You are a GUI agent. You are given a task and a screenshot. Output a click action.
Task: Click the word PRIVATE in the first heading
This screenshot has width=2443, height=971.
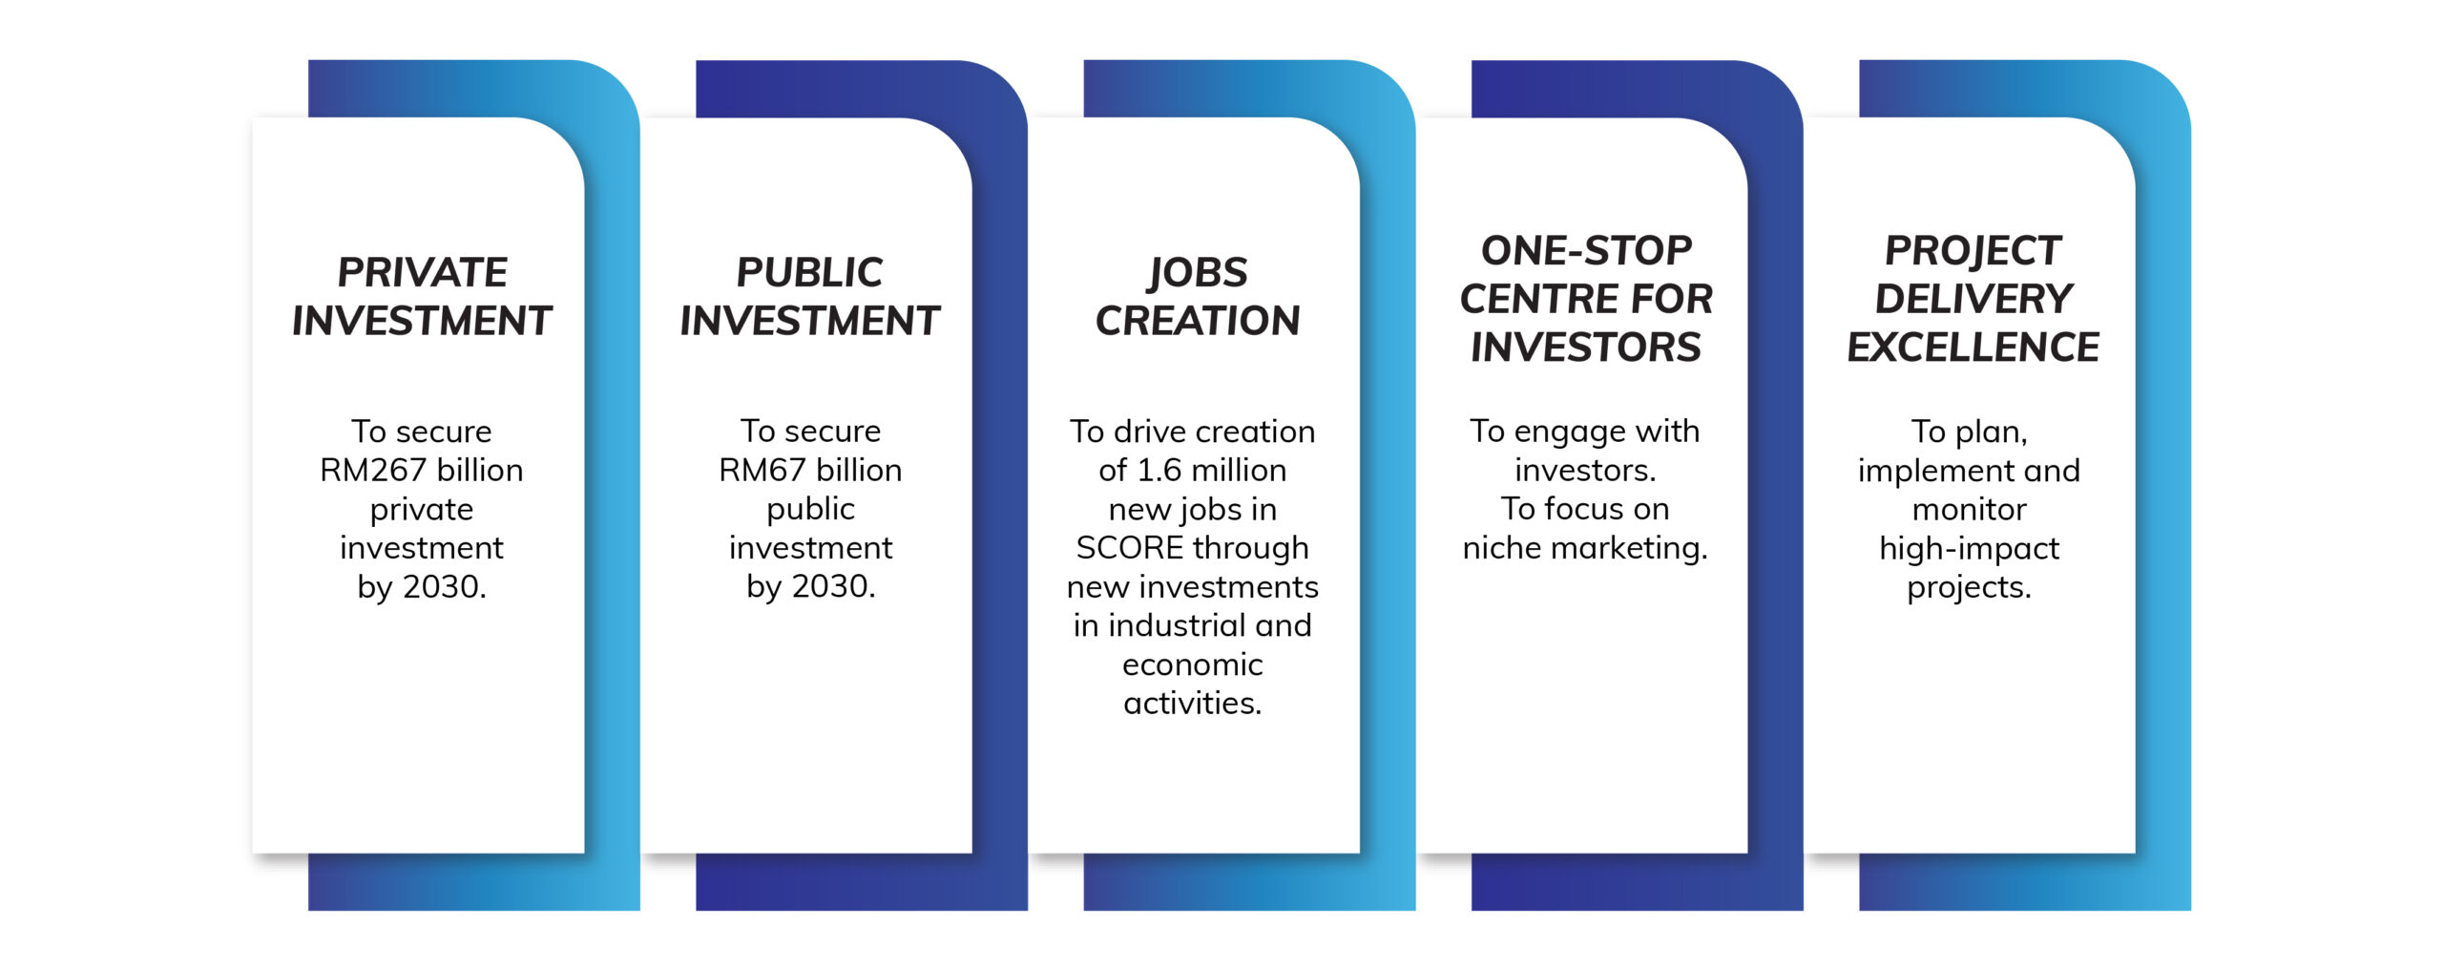[x=422, y=272]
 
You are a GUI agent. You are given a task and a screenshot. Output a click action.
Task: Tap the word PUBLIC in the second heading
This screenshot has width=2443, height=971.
[x=809, y=272]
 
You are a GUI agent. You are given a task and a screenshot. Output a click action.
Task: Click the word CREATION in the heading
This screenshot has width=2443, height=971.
[x=1198, y=321]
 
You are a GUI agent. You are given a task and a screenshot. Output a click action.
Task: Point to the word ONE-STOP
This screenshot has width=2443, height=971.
[x=1586, y=250]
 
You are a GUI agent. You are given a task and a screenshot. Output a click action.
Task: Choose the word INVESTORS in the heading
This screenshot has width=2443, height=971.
[x=1586, y=347]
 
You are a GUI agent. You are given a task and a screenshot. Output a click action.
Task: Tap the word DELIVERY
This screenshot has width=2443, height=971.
[x=1973, y=299]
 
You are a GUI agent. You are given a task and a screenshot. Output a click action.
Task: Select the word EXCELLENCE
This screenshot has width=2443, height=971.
[x=1973, y=347]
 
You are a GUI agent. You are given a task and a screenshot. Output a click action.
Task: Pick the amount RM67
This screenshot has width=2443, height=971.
[x=762, y=470]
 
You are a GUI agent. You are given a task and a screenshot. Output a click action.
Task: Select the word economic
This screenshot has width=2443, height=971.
[x=1192, y=665]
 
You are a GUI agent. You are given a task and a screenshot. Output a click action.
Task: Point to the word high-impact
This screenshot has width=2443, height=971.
[x=1969, y=549]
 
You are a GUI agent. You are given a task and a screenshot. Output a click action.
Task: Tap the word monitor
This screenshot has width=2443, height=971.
[x=1969, y=509]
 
